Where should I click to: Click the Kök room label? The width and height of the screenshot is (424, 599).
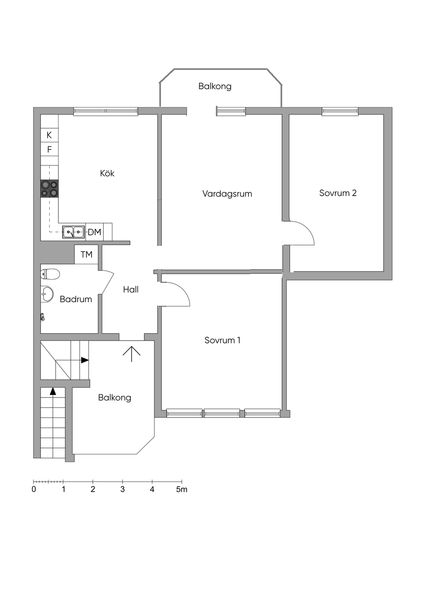107,173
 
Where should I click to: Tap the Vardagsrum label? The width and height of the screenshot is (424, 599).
227,193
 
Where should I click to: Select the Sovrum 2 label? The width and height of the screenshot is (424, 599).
338,193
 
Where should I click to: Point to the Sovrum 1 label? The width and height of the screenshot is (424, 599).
222,340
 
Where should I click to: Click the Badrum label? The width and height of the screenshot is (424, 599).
76,299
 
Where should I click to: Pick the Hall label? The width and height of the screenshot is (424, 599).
131,289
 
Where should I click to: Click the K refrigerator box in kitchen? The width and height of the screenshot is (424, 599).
49,135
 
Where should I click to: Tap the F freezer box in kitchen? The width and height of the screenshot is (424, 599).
49,149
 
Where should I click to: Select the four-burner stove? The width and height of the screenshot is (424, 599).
49,189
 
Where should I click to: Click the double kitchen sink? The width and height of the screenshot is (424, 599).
73,231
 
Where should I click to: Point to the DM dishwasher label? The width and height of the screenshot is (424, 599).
94,232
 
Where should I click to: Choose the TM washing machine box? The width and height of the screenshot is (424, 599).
87,254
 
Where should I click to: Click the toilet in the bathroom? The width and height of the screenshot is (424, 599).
50,274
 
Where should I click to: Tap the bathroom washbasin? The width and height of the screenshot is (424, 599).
47,294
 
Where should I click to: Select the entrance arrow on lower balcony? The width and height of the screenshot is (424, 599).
132,354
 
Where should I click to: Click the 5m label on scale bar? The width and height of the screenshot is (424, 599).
182,489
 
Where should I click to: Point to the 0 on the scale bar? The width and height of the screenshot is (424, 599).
34,489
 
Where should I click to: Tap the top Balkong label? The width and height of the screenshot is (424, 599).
215,86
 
